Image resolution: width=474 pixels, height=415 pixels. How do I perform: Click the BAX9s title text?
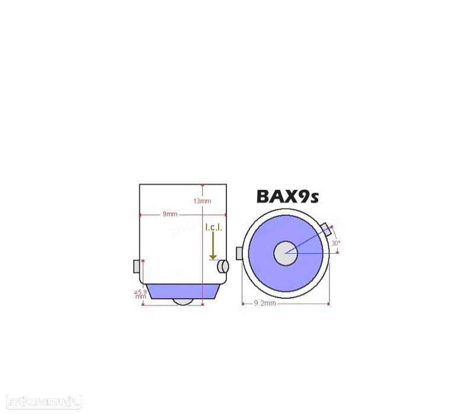pyautogui.click(x=287, y=196)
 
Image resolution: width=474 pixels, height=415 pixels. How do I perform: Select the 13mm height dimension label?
pyautogui.click(x=202, y=201)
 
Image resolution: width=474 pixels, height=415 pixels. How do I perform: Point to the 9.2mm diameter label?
pyautogui.click(x=265, y=304)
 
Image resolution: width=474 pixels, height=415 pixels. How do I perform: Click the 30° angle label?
pyautogui.click(x=335, y=243)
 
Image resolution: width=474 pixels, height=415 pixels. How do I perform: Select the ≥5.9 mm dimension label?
pyautogui.click(x=140, y=294)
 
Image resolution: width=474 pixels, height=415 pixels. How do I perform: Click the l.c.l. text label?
pyautogui.click(x=213, y=228)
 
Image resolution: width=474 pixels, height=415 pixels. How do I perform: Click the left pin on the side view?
pyautogui.click(x=136, y=266)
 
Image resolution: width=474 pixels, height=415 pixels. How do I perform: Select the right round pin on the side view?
pyautogui.click(x=222, y=266)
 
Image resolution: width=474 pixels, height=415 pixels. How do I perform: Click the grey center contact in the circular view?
pyautogui.click(x=285, y=253)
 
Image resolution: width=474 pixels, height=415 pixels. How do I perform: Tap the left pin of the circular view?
pyautogui.click(x=239, y=253)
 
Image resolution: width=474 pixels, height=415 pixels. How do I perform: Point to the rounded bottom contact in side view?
pyautogui.click(x=183, y=302)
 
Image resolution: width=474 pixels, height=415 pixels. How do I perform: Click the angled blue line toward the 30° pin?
pyautogui.click(x=308, y=240)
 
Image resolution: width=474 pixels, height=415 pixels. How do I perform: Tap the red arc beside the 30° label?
pyautogui.click(x=339, y=237)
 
